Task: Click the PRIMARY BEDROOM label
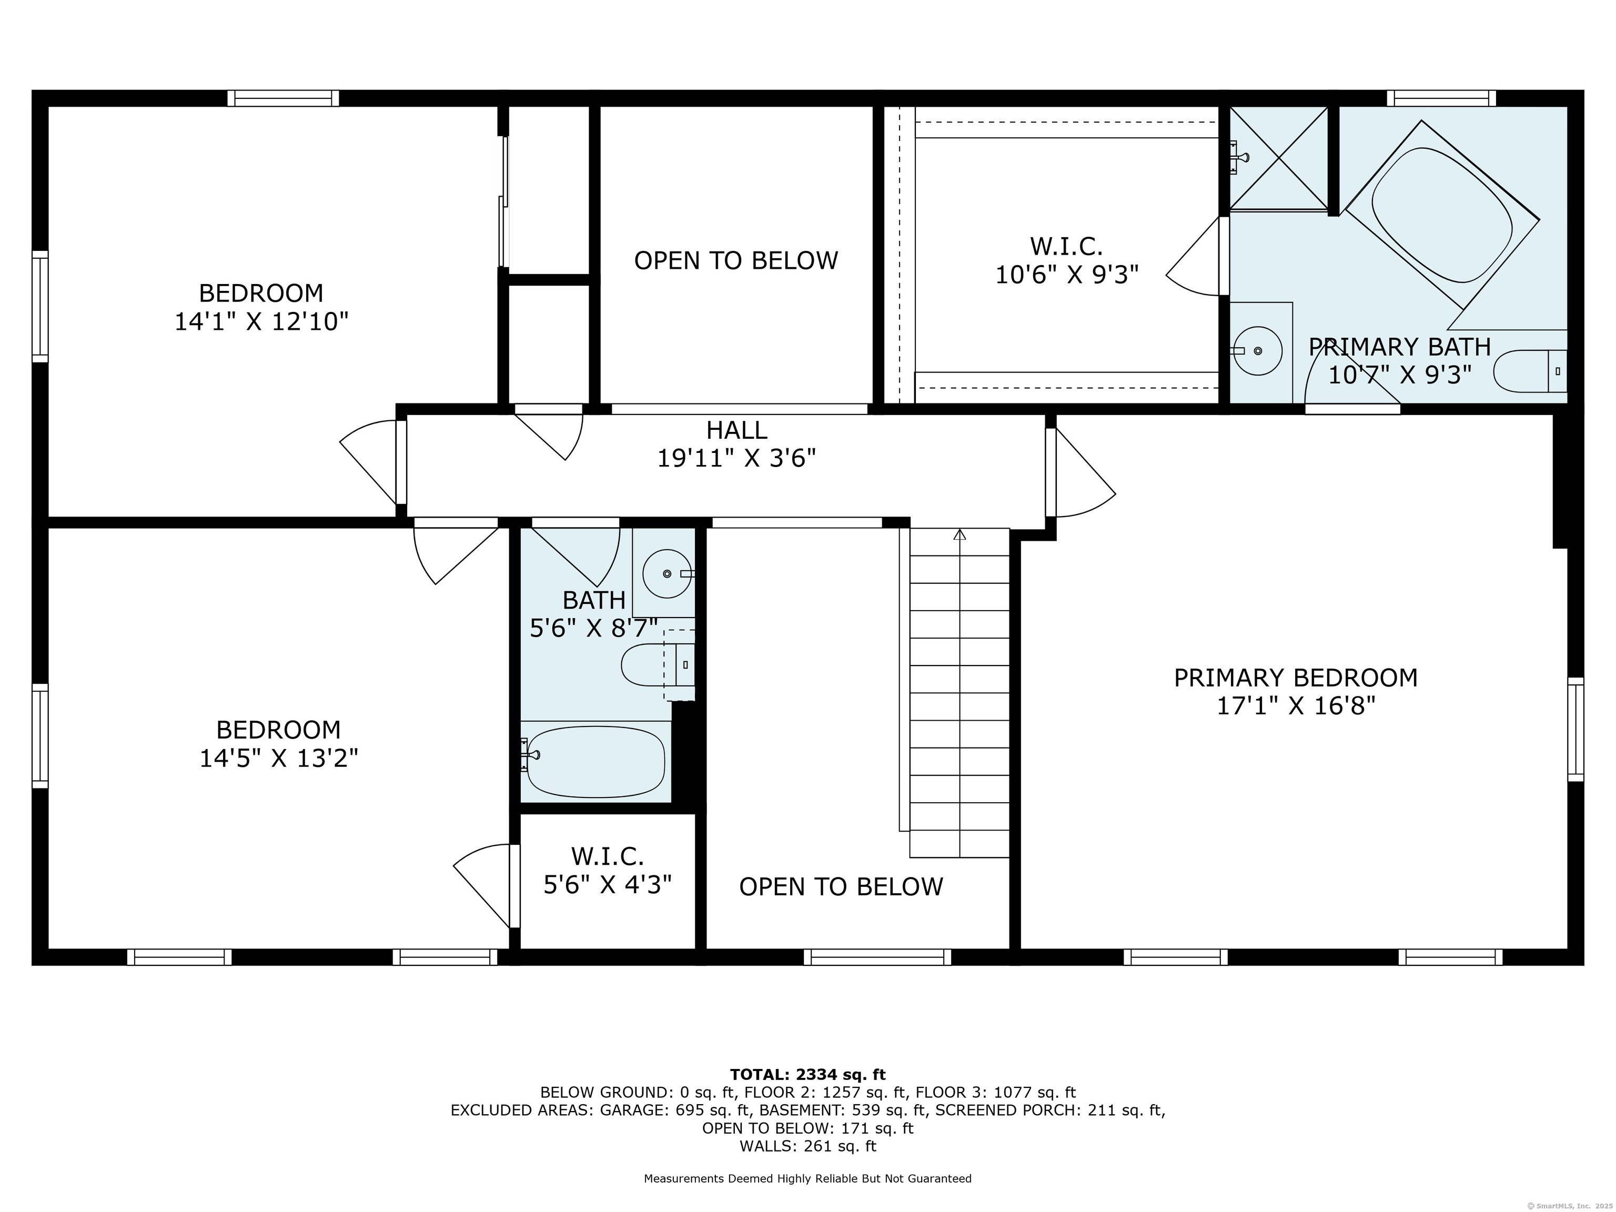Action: point(1295,678)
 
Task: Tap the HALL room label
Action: point(736,430)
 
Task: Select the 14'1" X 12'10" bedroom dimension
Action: point(261,321)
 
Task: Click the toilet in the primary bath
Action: point(1530,371)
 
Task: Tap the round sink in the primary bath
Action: point(1258,351)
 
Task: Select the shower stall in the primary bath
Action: point(1278,158)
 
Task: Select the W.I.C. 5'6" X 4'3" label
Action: point(608,870)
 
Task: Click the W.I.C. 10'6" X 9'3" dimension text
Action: point(1067,275)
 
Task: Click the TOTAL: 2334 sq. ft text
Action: point(807,1075)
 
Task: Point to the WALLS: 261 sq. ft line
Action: point(807,1146)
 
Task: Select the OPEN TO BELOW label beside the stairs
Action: point(841,887)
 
